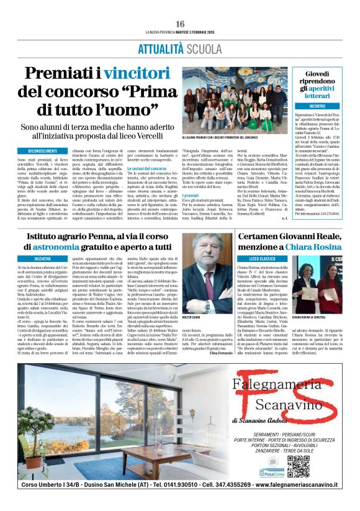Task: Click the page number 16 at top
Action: tap(180, 23)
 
